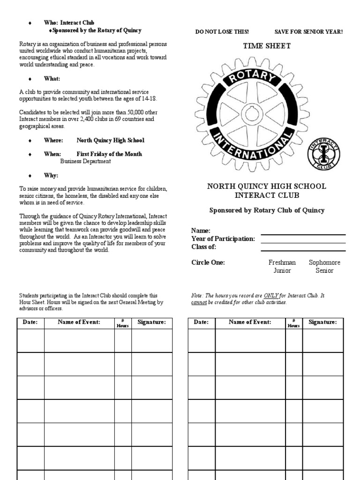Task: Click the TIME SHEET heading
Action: tap(266, 46)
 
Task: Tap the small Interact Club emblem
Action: tap(323, 154)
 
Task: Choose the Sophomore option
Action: tap(324, 262)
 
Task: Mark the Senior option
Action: tap(324, 270)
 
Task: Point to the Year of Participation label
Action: tap(223, 239)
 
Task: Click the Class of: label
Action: tap(203, 247)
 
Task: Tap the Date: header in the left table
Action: tap(30, 322)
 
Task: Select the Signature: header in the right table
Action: tap(322, 322)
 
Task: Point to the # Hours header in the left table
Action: tap(122, 323)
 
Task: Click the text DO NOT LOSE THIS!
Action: tap(222, 32)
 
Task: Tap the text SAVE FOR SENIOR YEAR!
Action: tap(308, 32)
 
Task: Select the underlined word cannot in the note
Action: tap(199, 302)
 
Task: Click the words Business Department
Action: tap(85, 161)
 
